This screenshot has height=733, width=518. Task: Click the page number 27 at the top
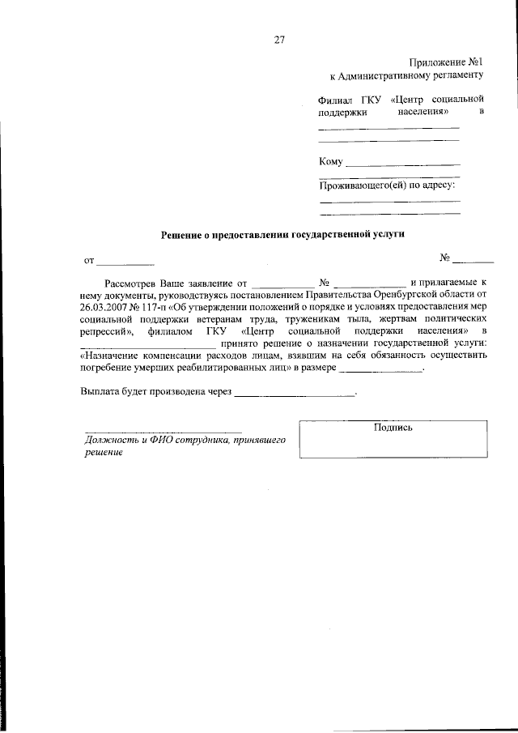[x=279, y=39]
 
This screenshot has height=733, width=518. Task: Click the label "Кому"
[x=332, y=162]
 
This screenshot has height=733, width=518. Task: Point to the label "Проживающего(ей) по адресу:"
[x=388, y=185]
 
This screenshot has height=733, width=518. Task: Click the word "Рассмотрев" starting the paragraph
[x=129, y=283]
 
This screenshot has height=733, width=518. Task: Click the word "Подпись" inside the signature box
[x=393, y=428]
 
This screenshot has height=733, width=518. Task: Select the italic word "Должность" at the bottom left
[x=108, y=441]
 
